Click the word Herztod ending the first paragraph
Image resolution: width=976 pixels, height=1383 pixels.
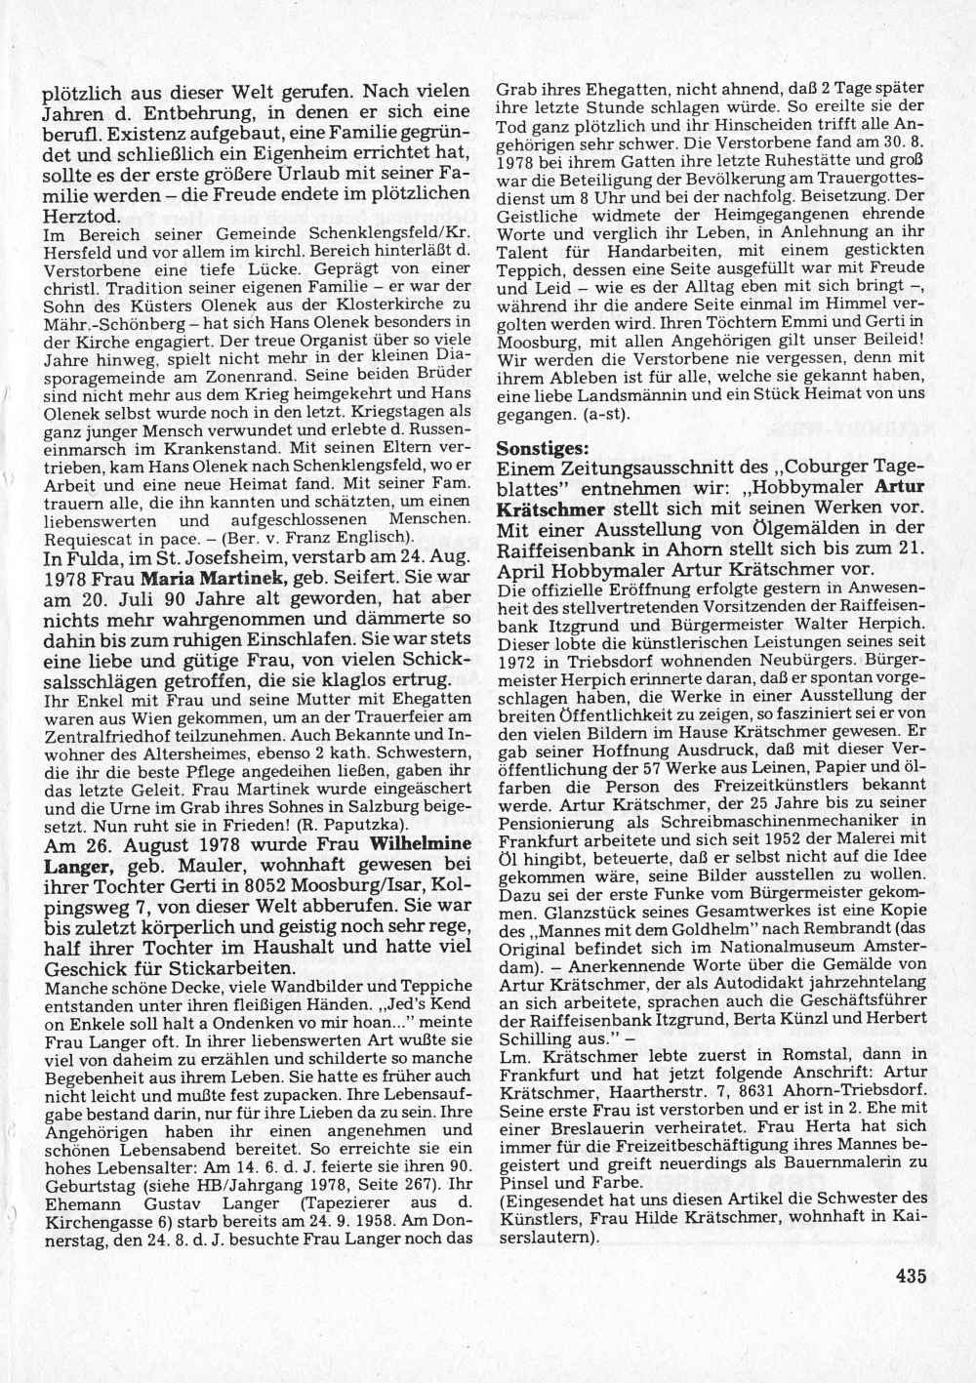80,217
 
